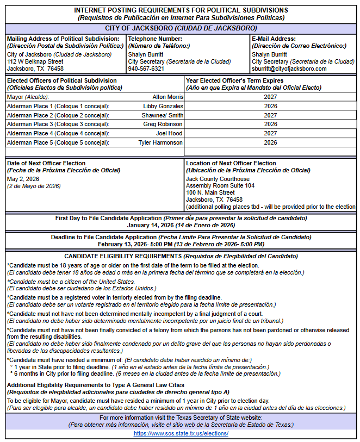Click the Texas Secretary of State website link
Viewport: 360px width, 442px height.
click(x=181, y=433)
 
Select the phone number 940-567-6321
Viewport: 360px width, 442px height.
click(x=146, y=69)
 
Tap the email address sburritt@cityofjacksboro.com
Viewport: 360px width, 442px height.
click(x=289, y=69)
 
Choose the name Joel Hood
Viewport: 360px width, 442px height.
click(x=169, y=133)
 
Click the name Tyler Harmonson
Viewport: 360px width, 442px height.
click(x=160, y=142)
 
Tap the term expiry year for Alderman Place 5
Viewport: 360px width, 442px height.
click(x=270, y=142)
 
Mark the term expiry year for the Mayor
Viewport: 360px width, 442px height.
click(x=270, y=97)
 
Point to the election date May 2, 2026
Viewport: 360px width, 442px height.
click(x=23, y=179)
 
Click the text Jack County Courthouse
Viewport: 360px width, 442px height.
click(x=218, y=179)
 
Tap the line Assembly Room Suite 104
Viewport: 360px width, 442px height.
click(x=220, y=186)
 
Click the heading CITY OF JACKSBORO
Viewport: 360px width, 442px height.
click(x=181, y=28)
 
